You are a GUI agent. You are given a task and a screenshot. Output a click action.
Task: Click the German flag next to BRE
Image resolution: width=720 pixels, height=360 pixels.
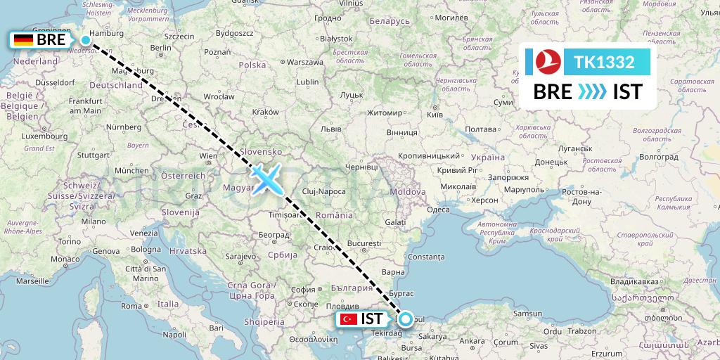23,40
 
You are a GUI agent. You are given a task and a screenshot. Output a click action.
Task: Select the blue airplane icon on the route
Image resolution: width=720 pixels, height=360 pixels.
266,178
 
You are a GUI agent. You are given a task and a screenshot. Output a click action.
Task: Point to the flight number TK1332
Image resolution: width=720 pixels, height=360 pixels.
605,63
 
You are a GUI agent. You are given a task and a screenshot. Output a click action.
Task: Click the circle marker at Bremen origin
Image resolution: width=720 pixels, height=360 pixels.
86,40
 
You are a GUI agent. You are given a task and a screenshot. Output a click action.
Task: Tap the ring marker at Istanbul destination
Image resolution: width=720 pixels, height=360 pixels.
406,319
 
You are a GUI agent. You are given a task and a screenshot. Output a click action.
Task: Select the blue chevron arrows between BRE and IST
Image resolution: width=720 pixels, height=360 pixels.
592,92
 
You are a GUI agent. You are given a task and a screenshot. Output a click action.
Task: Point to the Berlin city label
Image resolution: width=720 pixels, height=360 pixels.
160,48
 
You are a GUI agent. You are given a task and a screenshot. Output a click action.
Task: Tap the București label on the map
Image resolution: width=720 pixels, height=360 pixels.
364,243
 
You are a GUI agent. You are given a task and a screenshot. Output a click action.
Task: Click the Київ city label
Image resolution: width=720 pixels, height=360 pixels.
435,113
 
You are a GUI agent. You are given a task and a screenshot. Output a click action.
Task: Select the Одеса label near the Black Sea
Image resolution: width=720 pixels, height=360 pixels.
438,210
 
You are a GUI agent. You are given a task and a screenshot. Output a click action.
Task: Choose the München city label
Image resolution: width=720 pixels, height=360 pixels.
131,170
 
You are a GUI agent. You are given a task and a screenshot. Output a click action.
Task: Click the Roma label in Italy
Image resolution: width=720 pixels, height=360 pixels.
131,306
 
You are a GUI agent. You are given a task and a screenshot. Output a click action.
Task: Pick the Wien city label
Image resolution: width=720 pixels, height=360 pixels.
208,155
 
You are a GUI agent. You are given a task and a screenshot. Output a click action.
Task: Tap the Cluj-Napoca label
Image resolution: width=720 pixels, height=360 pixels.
324,191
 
